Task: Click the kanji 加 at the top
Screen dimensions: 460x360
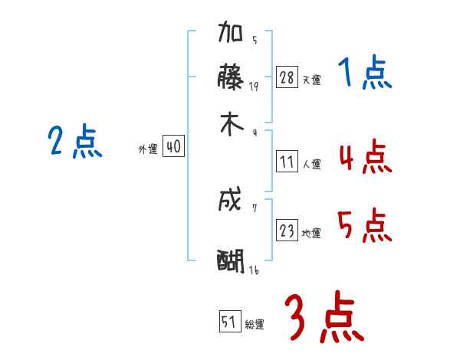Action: point(231,34)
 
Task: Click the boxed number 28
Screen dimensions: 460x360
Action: point(287,77)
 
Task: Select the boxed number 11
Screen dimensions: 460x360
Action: point(287,162)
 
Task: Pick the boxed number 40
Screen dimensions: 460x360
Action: point(173,147)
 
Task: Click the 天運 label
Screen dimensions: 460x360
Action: point(311,80)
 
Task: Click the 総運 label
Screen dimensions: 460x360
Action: point(255,325)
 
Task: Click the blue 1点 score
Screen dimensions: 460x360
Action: point(364,74)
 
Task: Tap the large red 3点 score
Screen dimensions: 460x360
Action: point(323,317)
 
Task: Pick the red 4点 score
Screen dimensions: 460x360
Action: point(364,159)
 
